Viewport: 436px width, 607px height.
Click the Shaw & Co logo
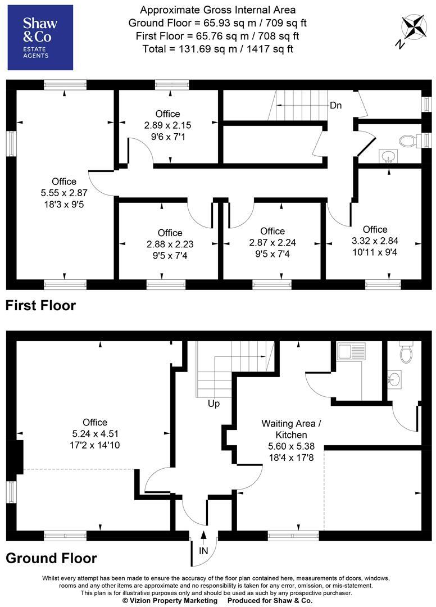(x=40, y=38)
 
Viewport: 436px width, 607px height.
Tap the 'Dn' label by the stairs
(x=335, y=105)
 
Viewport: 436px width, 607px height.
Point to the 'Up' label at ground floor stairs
(x=213, y=404)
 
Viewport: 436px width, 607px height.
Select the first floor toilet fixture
(x=408, y=140)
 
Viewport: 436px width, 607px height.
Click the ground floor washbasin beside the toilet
(x=394, y=379)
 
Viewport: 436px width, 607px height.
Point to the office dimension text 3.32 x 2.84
(x=375, y=241)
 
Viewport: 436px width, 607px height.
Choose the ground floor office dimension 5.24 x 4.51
(x=94, y=434)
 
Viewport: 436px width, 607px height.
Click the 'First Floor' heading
(x=40, y=306)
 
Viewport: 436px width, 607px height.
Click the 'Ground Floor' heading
(x=51, y=558)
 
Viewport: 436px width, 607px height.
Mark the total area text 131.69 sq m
(x=217, y=49)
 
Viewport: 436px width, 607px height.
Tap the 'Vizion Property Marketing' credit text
(x=170, y=601)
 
